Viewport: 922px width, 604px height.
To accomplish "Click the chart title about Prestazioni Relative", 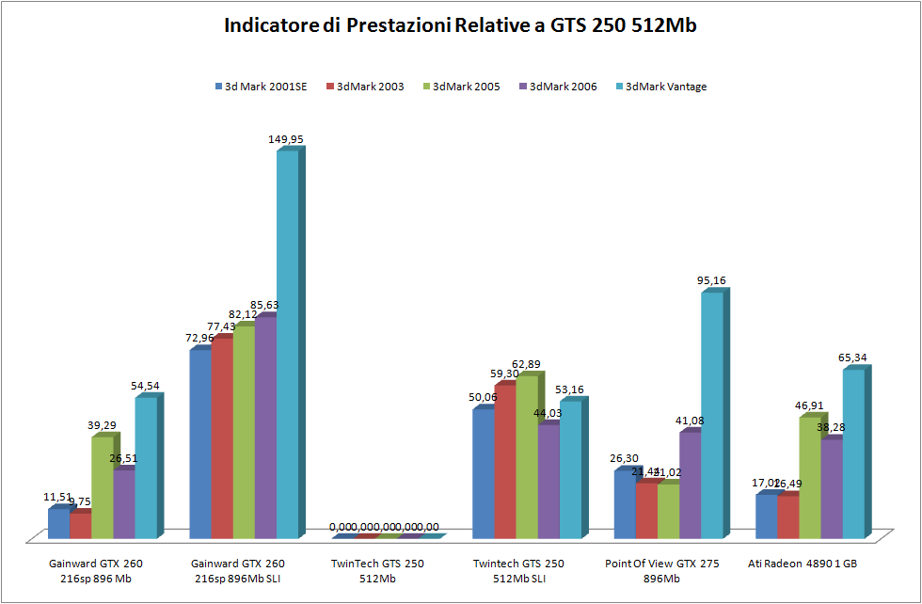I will point(460,25).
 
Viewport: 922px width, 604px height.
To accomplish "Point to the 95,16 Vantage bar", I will point(712,414).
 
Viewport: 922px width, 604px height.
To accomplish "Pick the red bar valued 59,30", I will point(505,461).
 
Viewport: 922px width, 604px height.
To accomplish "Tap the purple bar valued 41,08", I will point(691,485).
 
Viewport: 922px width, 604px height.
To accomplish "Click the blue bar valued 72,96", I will point(200,442).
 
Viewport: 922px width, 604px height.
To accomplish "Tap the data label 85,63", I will point(263,305).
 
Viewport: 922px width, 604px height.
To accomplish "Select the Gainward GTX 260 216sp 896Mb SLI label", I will point(236,571).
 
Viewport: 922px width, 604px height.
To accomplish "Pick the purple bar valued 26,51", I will point(124,503).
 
